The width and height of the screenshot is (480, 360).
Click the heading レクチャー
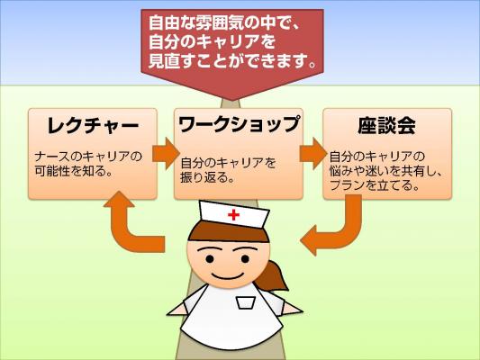click(93, 125)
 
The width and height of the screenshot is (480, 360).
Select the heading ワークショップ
click(239, 124)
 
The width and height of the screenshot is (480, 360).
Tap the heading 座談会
click(386, 125)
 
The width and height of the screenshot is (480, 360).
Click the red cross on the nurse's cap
click(233, 215)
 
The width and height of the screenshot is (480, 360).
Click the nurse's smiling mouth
click(228, 275)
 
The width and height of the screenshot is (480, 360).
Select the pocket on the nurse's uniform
click(246, 302)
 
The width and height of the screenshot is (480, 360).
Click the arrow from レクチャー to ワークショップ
click(166, 154)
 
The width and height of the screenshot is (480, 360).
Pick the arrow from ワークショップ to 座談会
click(313, 154)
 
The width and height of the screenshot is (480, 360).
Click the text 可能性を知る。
click(73, 171)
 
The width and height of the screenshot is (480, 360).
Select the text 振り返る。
click(207, 177)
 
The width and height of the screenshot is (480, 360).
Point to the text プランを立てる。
click(375, 185)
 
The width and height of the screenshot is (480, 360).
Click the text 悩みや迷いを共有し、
click(386, 171)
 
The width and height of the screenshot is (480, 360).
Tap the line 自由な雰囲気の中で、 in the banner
click(223, 23)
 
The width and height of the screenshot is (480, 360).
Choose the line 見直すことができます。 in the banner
click(232, 61)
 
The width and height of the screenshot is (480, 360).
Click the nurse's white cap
click(234, 214)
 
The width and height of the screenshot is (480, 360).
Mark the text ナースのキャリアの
click(88, 157)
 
